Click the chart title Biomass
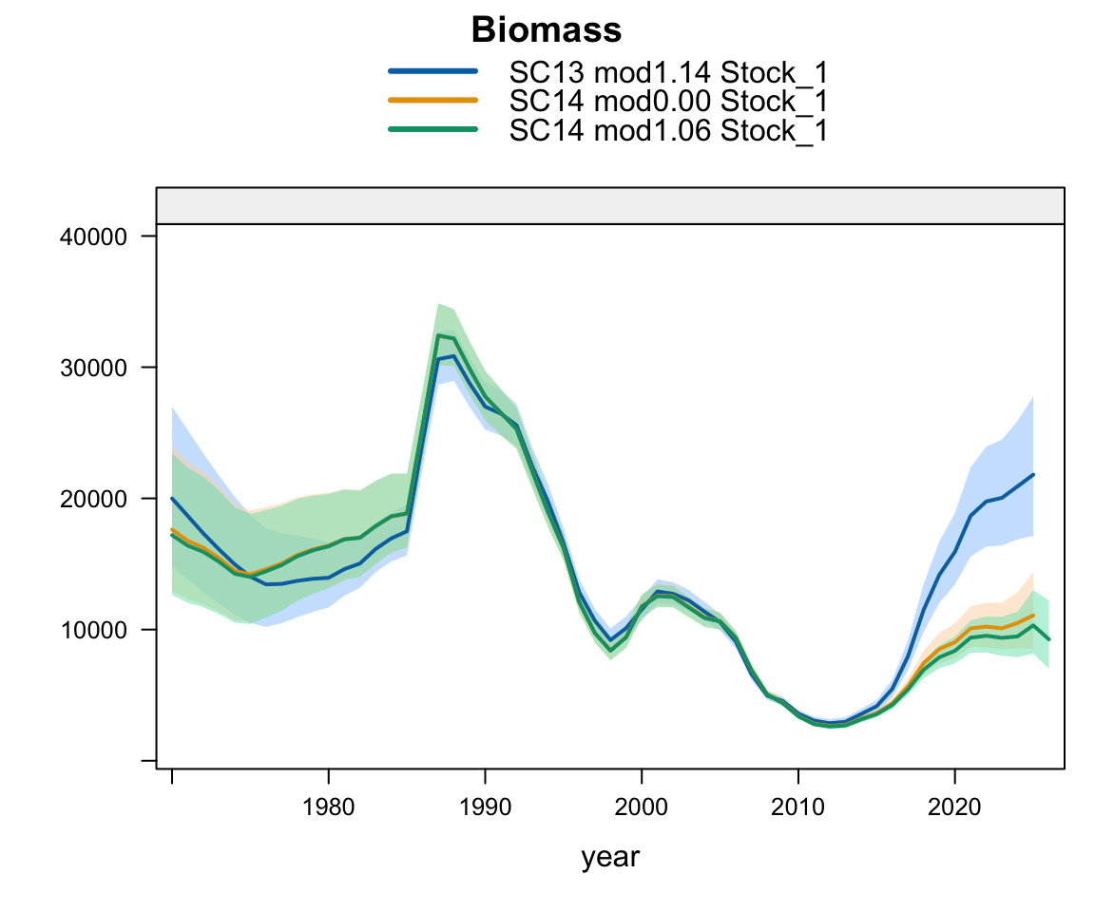point(547,30)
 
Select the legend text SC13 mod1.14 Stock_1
point(668,72)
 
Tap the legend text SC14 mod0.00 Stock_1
point(668,102)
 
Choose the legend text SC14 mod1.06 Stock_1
point(668,130)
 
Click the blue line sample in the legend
point(433,71)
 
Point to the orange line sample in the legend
point(433,100)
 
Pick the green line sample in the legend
point(433,129)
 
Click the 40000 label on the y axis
point(93,237)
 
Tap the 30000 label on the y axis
point(93,368)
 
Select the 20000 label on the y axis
point(93,499)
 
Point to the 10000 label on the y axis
point(93,630)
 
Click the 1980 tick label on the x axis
point(328,807)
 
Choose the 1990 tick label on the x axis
point(485,807)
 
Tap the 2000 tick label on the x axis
point(641,807)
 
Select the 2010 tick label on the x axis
point(797,807)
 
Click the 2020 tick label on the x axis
point(954,807)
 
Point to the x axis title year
point(610,858)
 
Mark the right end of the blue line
point(1033,474)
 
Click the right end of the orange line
point(1033,616)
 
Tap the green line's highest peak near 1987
point(438,335)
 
